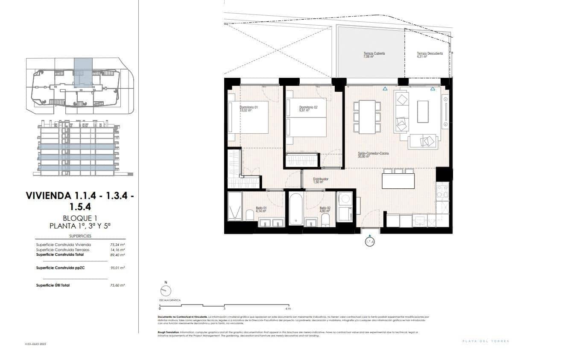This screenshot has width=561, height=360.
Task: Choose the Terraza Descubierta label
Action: click(430, 54)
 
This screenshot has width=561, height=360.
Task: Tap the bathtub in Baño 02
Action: click(295, 209)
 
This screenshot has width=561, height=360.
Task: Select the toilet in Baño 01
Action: click(251, 214)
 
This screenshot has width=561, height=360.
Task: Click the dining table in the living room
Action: click(367, 117)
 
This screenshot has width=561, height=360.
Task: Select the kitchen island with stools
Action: click(398, 180)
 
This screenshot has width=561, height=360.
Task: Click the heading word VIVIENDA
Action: click(48, 196)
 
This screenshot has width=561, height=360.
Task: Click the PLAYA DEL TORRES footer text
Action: click(486, 341)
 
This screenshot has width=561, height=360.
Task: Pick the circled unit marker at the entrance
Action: click(370, 242)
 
